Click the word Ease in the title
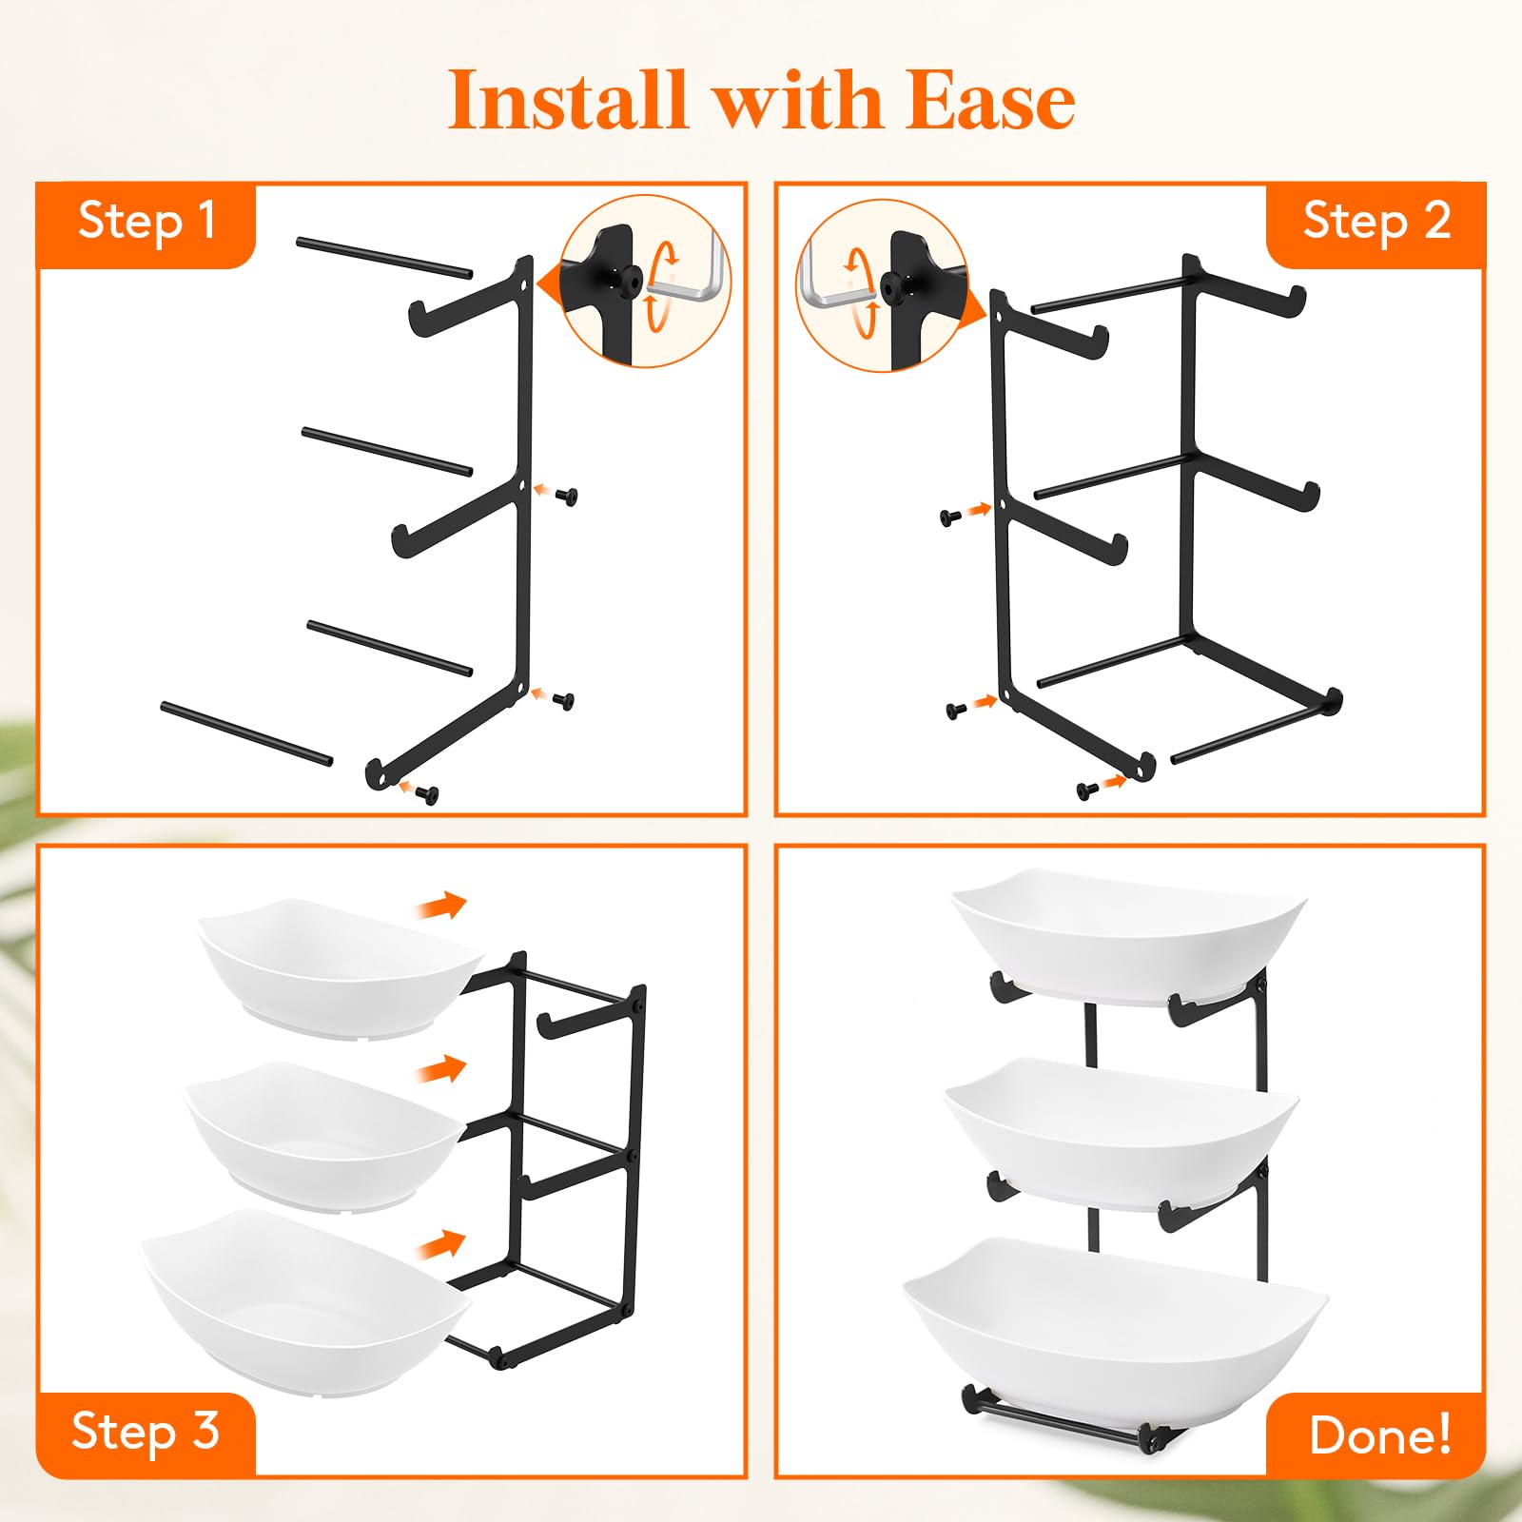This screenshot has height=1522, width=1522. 990,100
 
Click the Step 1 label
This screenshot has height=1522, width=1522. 146,222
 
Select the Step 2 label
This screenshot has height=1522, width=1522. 1376,222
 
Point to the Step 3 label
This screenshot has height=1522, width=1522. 146,1431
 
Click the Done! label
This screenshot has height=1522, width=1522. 1380,1434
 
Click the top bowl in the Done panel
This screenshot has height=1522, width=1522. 1128,936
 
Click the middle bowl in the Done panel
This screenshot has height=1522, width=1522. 1121,1134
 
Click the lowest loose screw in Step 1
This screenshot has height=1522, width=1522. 427,794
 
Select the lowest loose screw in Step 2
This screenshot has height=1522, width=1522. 1087,790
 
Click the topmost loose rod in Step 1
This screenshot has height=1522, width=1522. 384,258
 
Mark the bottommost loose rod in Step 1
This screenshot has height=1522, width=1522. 247,733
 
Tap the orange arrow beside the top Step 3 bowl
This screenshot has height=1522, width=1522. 441,907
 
